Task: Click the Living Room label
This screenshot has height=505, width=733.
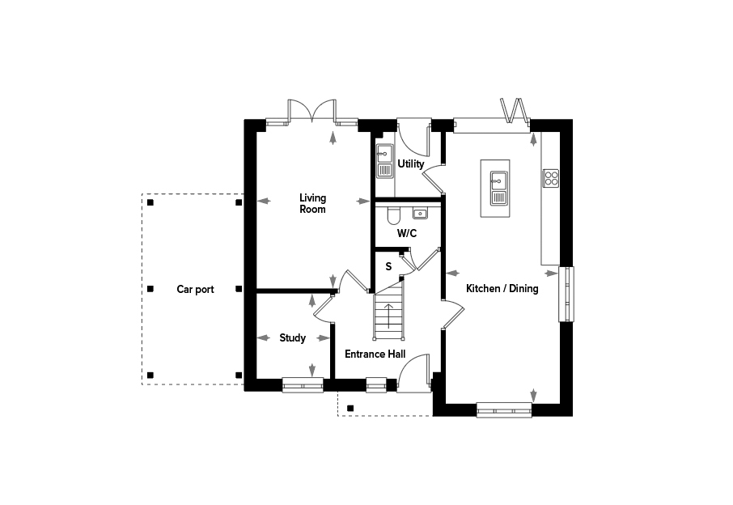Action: point(313,203)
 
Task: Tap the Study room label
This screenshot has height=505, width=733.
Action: point(293,338)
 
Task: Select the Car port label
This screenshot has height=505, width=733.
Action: point(196,290)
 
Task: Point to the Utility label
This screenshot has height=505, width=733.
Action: point(411,163)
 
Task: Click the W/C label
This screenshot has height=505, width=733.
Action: point(407,233)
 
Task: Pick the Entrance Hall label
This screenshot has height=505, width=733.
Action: point(375,354)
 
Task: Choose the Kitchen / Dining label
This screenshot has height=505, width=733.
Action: point(502,288)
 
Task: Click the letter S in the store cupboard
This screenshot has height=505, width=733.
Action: point(388,267)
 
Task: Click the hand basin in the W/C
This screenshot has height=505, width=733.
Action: point(420,214)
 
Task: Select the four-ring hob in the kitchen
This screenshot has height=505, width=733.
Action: point(551,178)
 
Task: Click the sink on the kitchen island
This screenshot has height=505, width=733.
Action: point(499,188)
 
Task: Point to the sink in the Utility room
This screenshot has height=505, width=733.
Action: point(385,161)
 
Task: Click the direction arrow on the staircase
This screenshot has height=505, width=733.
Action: point(388,316)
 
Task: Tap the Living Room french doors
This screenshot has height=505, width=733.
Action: point(312,112)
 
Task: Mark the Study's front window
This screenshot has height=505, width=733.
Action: point(303,385)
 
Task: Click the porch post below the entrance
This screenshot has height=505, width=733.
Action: point(350,409)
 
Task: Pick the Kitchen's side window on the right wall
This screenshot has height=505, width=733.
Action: point(566,294)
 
